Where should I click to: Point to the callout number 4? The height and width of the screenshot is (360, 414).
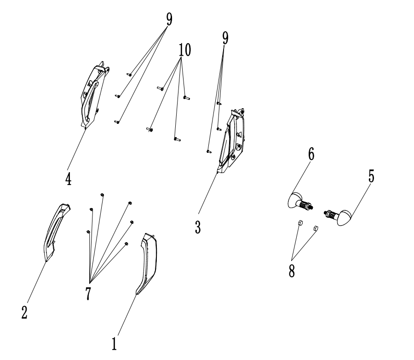[68, 178]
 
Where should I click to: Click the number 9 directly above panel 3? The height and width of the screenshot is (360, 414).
[225, 39]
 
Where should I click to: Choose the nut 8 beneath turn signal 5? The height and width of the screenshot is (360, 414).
[316, 227]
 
